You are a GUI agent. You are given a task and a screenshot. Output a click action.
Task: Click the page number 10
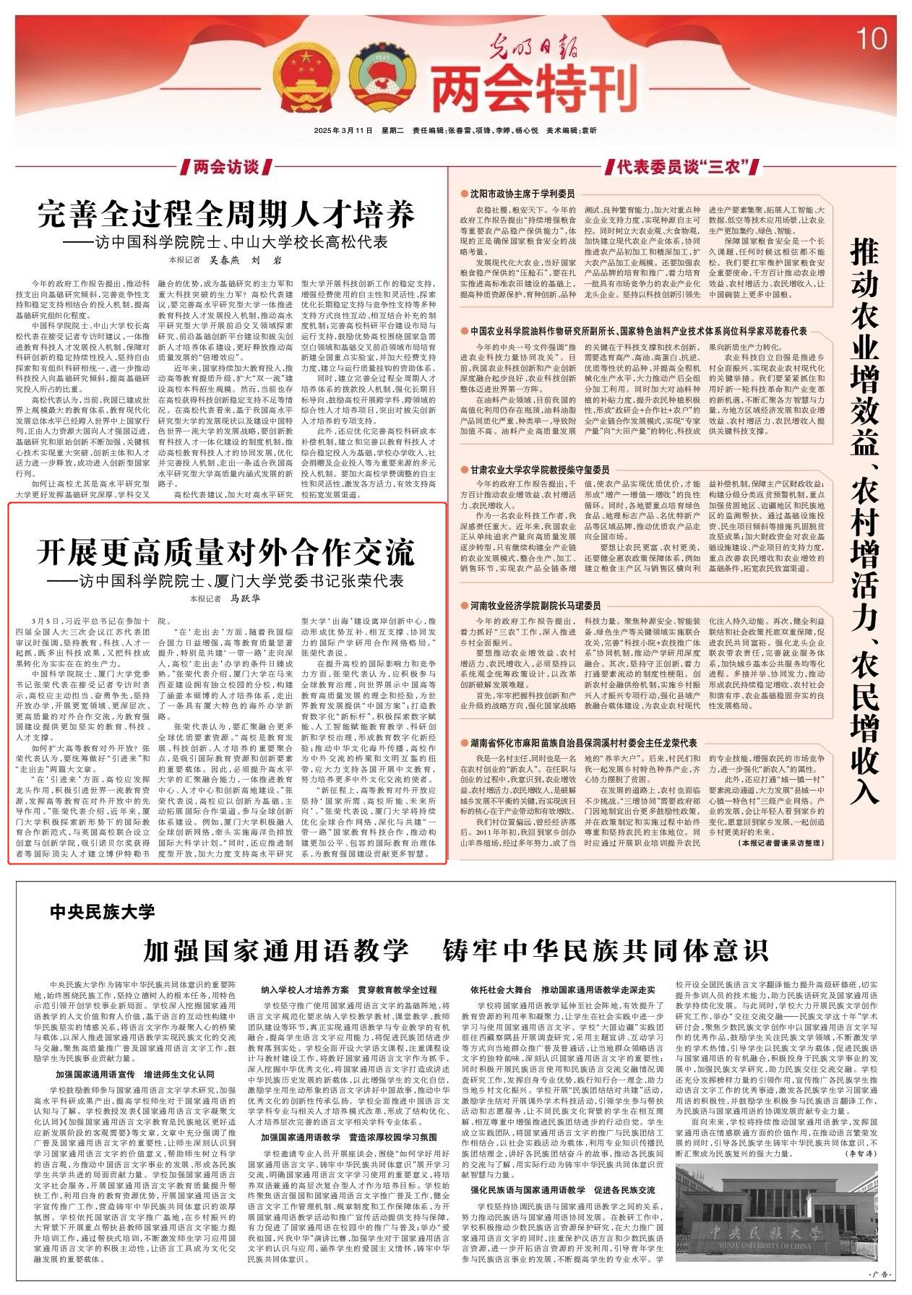click(x=873, y=40)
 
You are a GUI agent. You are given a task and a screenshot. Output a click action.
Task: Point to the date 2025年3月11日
click(x=344, y=131)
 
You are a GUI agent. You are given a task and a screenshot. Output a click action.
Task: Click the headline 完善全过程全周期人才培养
click(x=227, y=216)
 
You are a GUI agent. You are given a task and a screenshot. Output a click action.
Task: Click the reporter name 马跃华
click(x=245, y=598)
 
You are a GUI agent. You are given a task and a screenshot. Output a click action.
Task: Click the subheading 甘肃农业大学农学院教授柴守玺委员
click(x=539, y=469)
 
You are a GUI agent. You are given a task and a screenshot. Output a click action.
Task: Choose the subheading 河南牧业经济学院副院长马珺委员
click(x=535, y=606)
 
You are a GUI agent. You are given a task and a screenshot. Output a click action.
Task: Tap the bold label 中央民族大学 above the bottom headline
click(x=103, y=912)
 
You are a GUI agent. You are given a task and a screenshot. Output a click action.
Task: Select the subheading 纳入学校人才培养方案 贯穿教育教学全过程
click(x=349, y=989)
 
